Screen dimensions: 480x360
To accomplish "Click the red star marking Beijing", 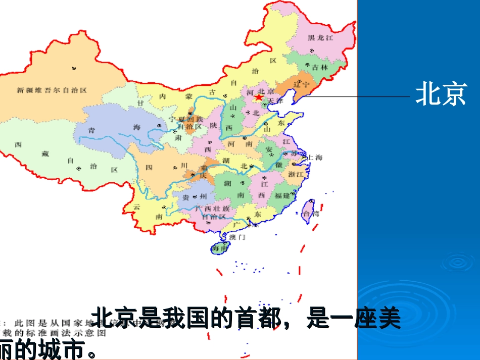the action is [259, 97].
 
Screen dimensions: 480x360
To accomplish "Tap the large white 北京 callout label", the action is [441, 94].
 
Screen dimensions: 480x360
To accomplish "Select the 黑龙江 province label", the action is [321, 38].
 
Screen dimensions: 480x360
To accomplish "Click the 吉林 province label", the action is [320, 67].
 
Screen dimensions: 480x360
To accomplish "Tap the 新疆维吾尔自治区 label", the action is [52, 90].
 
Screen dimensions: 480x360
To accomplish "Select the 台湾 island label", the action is [311, 214].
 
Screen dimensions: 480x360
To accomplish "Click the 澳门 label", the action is [237, 237].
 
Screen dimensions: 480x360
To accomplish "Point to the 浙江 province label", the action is [296, 174].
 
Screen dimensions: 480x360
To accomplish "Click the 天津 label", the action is [276, 101].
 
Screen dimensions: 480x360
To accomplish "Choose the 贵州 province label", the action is [195, 196].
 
